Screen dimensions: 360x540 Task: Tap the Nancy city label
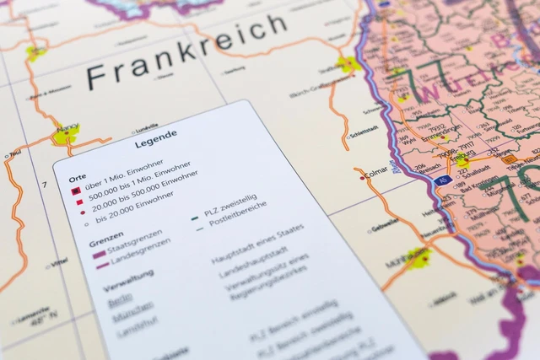click(x=67, y=126)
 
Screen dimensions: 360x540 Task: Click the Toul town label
click(x=13, y=153)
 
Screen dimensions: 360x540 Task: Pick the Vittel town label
click(x=58, y=263)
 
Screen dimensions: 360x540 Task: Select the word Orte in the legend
click(x=77, y=179)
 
